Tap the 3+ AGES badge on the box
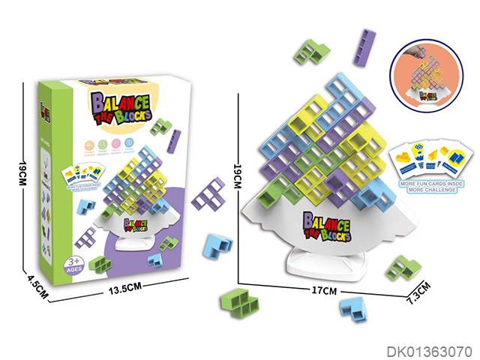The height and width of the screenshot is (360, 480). [x=72, y=264]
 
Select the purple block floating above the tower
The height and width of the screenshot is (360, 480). [x=366, y=49]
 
